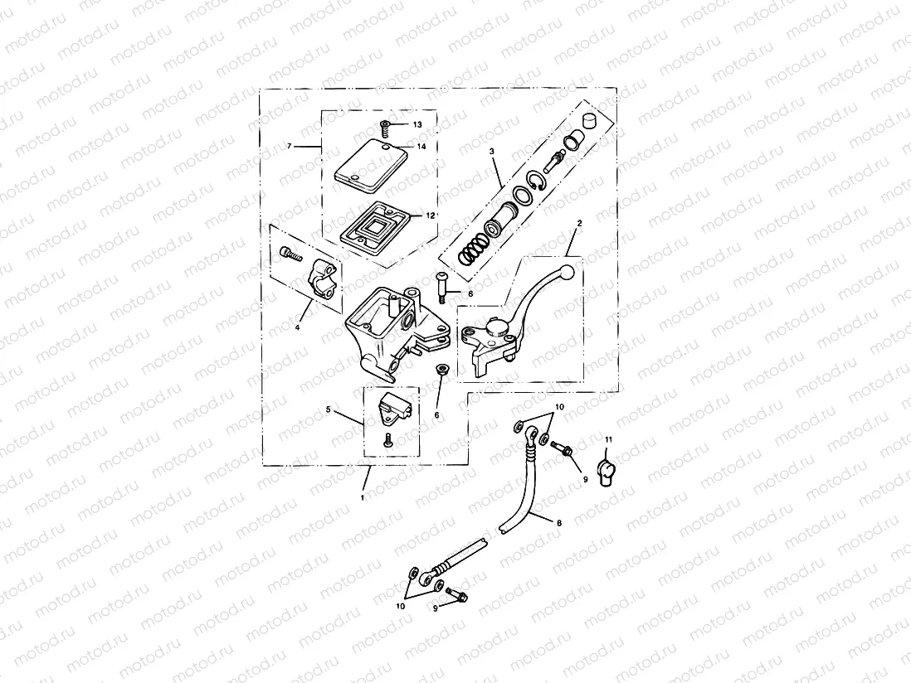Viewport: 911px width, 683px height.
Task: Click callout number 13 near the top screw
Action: tap(417, 124)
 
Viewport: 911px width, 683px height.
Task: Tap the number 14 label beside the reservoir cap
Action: tap(421, 146)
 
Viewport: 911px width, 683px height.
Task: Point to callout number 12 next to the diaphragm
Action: tap(431, 215)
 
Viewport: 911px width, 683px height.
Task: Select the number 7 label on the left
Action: tap(289, 146)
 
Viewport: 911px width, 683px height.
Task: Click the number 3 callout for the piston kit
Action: tap(491, 152)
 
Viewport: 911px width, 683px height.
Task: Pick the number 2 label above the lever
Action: tap(579, 224)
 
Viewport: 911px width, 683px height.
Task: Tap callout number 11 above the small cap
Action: tap(607, 438)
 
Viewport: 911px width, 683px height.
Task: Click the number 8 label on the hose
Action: tap(558, 524)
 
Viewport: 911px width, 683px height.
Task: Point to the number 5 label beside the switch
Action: tap(329, 409)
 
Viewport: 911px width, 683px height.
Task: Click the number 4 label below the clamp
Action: tap(296, 327)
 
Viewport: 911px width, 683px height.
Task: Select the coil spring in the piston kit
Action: tap(473, 247)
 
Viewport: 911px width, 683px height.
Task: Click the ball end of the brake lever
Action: tap(566, 273)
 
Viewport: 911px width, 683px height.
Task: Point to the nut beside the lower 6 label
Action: tap(442, 371)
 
